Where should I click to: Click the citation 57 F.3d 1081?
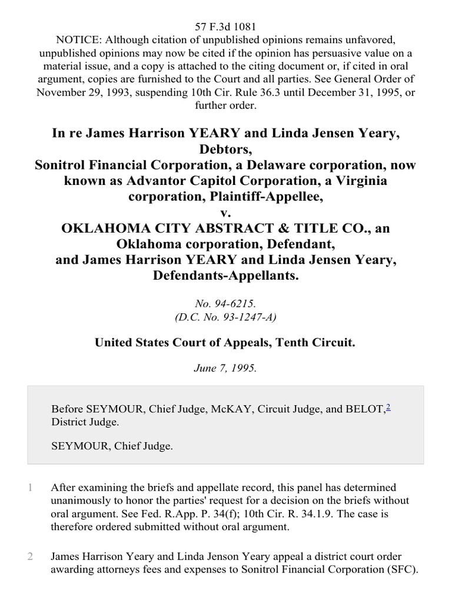click(x=226, y=27)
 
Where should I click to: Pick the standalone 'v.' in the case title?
click(x=226, y=213)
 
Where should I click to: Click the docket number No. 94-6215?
click(x=226, y=304)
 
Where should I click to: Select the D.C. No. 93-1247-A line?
click(x=226, y=317)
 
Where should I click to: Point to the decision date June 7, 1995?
click(x=226, y=369)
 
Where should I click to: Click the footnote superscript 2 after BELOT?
click(x=388, y=406)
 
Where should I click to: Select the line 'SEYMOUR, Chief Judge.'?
click(x=112, y=446)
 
